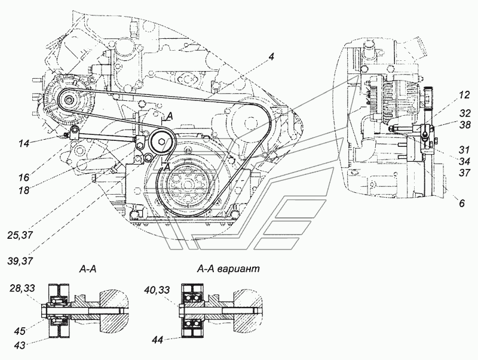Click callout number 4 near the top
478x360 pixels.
point(271,57)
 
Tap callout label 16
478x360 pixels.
point(23,177)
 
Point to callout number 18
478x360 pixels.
point(23,190)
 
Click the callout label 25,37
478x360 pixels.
point(21,235)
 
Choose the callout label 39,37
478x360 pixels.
point(21,261)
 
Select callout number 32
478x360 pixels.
point(465,113)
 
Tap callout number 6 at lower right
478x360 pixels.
point(462,203)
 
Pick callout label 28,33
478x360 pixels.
point(22,288)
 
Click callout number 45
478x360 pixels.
point(20,331)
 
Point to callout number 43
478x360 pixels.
point(20,346)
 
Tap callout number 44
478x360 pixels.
point(158,339)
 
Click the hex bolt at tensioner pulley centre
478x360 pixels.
point(161,141)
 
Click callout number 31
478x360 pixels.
point(465,149)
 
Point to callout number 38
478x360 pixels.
point(465,124)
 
